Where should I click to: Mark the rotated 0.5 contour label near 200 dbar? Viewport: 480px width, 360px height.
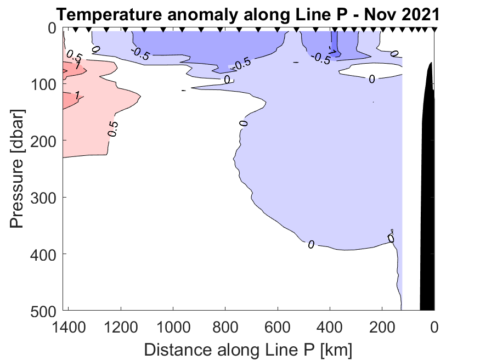point(112,128)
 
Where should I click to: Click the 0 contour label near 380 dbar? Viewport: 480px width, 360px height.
point(311,245)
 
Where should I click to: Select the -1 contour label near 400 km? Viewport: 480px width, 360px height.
point(332,49)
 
